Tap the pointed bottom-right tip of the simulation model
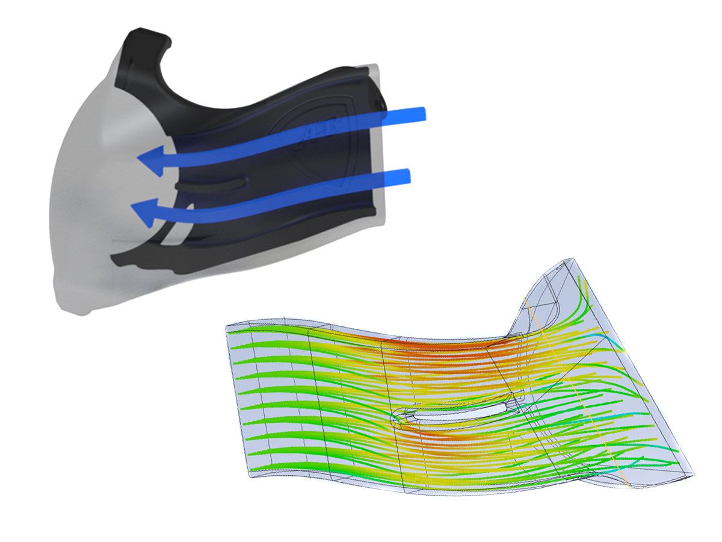pos(692,476)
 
